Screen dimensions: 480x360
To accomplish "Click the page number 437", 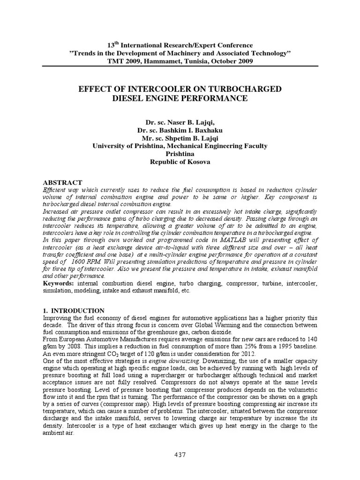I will click(180, 455).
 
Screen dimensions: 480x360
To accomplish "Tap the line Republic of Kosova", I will click(180, 161).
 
